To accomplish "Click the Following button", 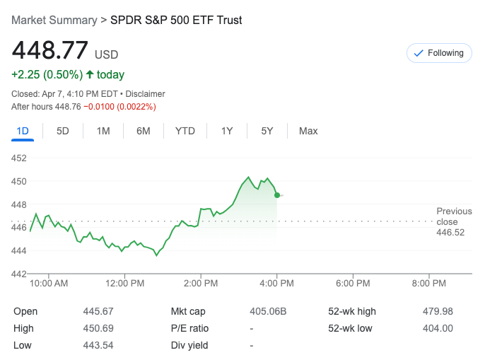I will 439,53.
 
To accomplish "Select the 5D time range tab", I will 63,131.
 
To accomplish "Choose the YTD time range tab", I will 185,131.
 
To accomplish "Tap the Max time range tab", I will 308,131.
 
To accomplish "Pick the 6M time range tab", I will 144,131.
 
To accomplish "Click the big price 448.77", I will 50,51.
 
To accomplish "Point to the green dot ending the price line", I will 277,194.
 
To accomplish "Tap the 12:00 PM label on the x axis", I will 124,284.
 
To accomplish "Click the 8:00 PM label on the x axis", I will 428,284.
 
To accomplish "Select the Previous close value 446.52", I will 450,233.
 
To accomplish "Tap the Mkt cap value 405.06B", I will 268,311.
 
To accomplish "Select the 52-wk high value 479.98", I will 438,311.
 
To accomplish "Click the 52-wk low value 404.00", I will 438,328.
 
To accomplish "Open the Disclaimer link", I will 145,93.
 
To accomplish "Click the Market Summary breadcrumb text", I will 54,20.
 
